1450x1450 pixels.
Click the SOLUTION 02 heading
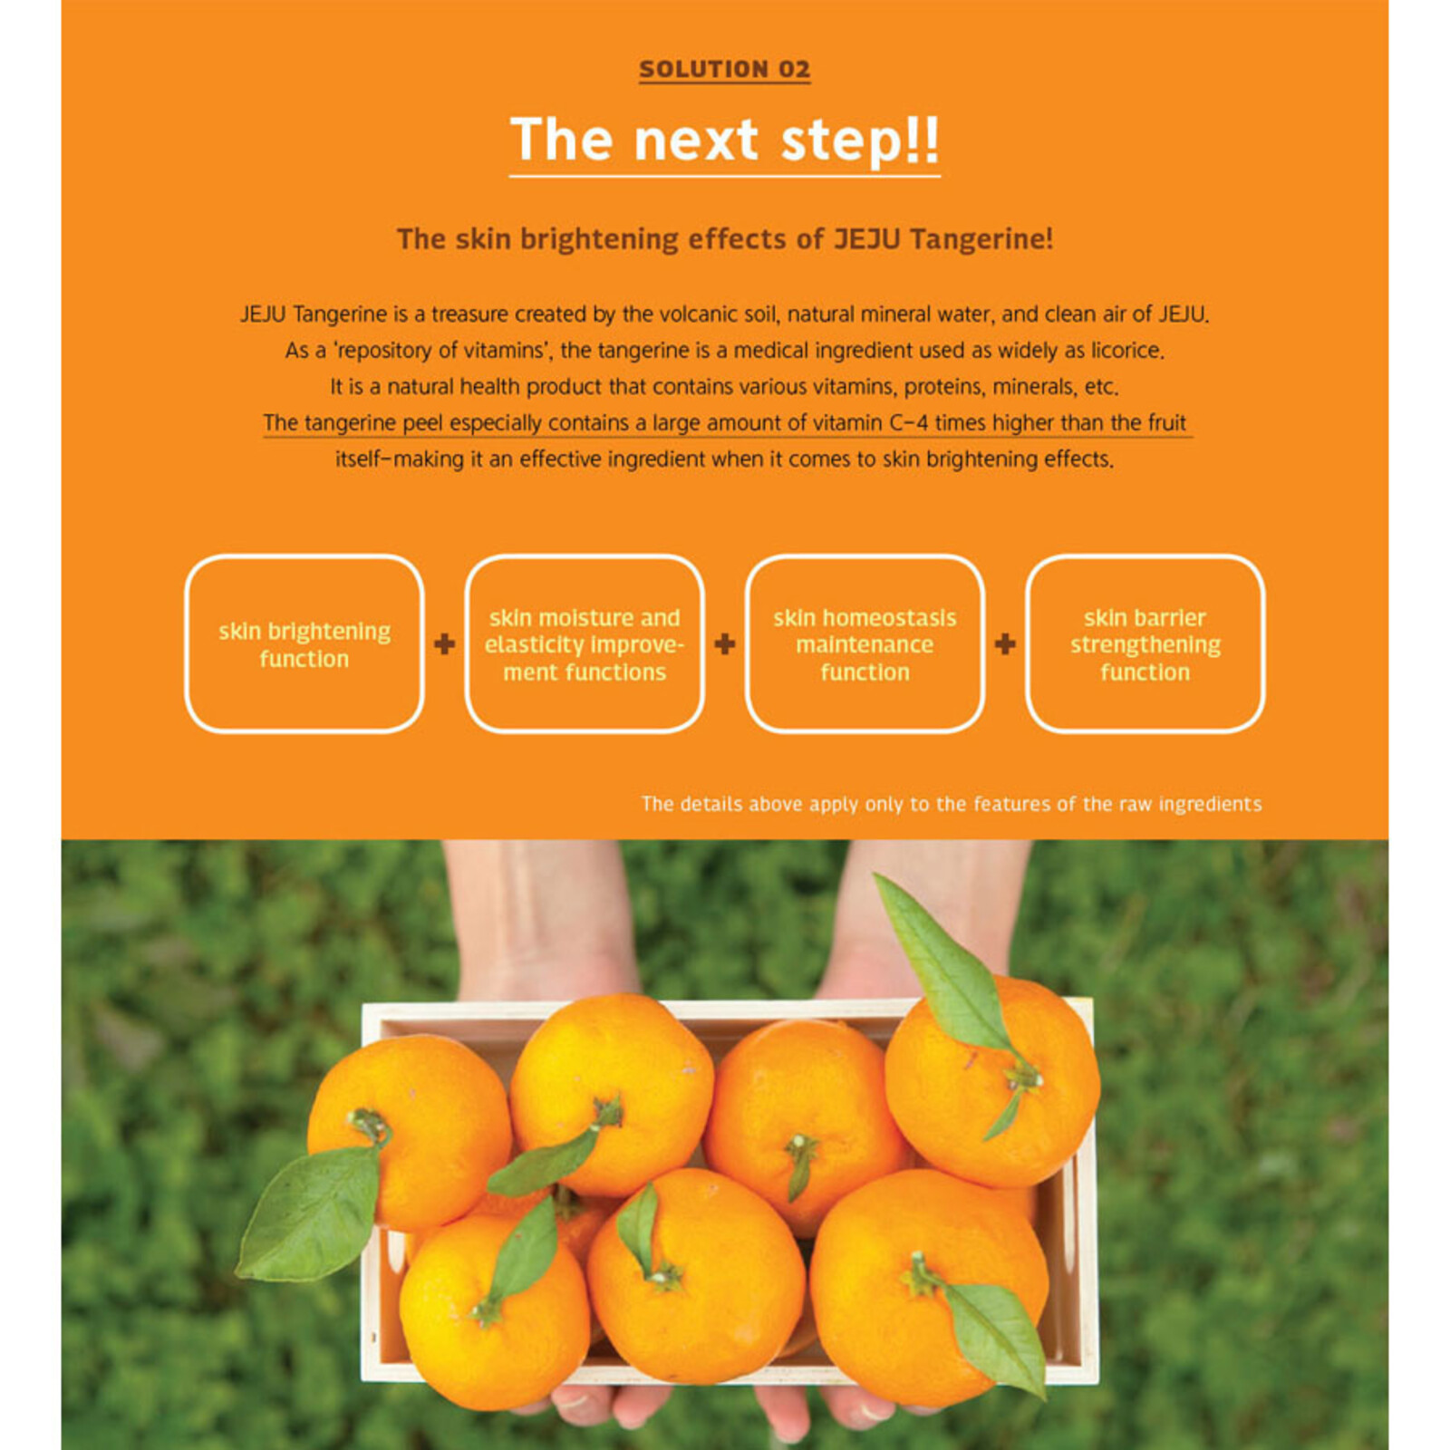[724, 69]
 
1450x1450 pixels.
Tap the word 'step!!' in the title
[859, 140]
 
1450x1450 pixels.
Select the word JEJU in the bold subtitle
[866, 239]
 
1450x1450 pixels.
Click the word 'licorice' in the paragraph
[1125, 351]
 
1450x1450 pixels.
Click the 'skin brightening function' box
[304, 643]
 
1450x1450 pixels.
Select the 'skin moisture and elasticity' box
[585, 643]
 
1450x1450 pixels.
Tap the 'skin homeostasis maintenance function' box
[865, 643]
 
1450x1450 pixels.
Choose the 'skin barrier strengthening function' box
[1145, 643]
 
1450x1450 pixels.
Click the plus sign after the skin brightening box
[444, 644]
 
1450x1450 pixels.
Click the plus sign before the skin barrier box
[1005, 644]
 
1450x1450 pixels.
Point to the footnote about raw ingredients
[951, 804]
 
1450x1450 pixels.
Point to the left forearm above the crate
[535, 915]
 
